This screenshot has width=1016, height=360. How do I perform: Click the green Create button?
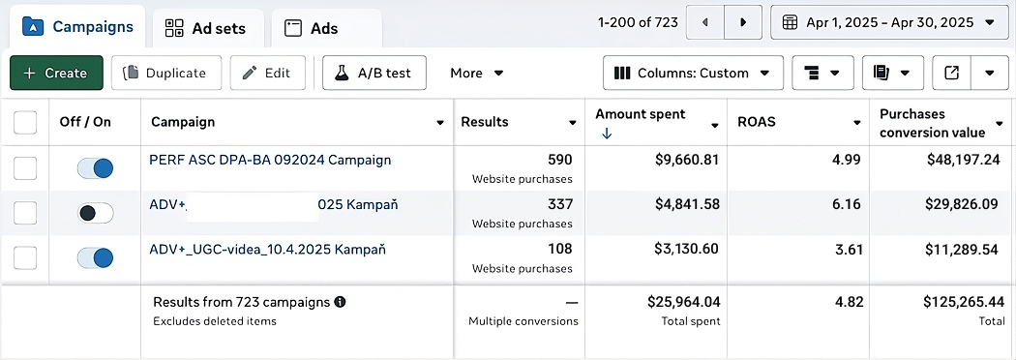[x=56, y=73]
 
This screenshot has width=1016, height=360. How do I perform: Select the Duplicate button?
[x=165, y=73]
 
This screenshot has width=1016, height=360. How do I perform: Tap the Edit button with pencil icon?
[x=267, y=73]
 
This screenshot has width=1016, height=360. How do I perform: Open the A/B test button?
[x=374, y=73]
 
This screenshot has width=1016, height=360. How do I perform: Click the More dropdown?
[x=477, y=73]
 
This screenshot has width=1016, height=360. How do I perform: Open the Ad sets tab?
[x=205, y=28]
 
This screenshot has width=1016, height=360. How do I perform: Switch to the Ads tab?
[x=312, y=28]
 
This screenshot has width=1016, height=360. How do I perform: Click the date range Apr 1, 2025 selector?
[x=888, y=21]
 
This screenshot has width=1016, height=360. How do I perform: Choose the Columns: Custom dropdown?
[x=692, y=73]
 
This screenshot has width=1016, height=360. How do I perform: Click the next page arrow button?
[x=743, y=21]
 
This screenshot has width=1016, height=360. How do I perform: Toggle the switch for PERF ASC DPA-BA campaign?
[x=95, y=168]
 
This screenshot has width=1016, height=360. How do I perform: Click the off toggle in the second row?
[x=95, y=213]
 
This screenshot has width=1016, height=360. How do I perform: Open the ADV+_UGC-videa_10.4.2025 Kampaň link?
[x=268, y=250]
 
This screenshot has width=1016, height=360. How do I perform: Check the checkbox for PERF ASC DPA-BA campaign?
[x=25, y=168]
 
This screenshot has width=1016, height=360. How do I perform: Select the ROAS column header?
[x=756, y=122]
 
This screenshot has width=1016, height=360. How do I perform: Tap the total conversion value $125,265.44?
[x=961, y=302]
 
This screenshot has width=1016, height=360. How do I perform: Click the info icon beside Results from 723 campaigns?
[x=340, y=302]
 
